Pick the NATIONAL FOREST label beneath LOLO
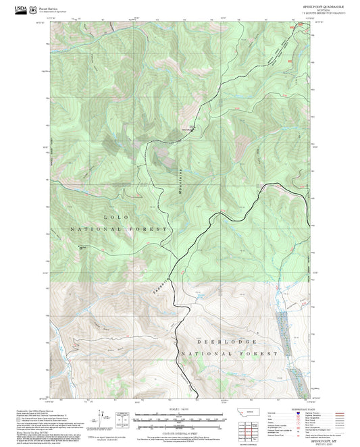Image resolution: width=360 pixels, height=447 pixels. pos(118,230)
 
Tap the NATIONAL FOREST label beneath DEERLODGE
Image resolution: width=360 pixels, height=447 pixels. pos(229,353)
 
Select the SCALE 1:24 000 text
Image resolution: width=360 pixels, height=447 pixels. pos(179,410)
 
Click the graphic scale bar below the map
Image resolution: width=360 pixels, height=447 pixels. pos(179,421)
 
